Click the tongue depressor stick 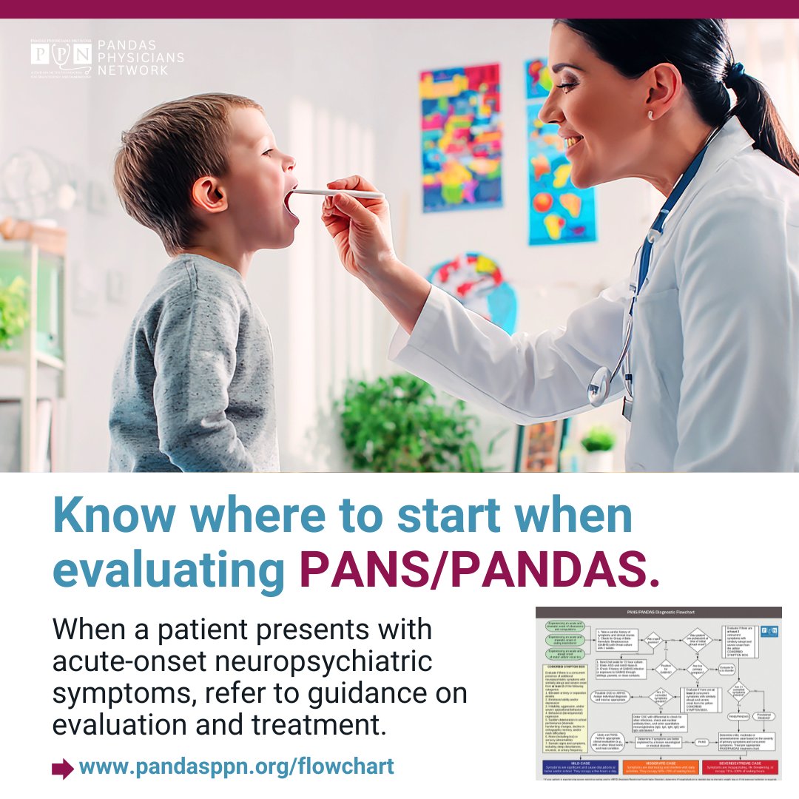[x=340, y=194]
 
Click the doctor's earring [x=650, y=115]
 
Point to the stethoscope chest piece [x=599, y=385]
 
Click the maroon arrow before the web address [x=62, y=767]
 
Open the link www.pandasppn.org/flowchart [x=236, y=766]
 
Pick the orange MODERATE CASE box [x=658, y=767]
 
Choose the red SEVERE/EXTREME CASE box [x=741, y=767]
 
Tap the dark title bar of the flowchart [x=658, y=613]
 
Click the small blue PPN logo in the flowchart [x=769, y=631]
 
